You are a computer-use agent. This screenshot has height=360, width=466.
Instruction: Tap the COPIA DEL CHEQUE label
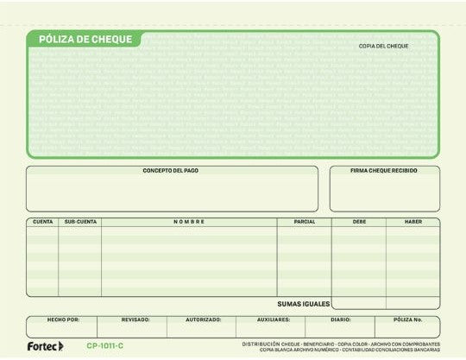point(384,46)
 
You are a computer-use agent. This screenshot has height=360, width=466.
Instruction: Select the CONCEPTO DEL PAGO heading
point(171,171)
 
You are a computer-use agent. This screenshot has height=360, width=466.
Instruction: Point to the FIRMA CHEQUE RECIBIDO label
point(384,171)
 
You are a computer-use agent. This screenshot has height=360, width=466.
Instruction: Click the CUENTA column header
point(42,222)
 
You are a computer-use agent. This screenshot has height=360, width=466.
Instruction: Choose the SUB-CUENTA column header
point(80,222)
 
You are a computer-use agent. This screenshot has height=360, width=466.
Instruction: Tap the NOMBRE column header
point(189,222)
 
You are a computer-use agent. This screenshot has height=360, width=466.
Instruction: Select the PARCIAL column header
point(304,222)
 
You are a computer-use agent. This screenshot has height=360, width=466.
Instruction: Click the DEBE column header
point(359,222)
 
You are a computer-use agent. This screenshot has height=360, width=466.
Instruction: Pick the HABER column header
point(412,222)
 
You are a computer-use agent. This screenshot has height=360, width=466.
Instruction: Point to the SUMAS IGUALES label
point(303,303)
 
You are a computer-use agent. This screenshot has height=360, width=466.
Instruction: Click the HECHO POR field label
point(63,319)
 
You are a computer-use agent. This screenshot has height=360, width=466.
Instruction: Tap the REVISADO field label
point(135,319)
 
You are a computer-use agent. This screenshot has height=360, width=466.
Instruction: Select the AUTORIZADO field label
point(205,319)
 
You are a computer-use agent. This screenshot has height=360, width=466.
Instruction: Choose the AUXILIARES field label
point(274,319)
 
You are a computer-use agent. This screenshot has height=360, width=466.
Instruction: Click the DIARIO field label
point(340,319)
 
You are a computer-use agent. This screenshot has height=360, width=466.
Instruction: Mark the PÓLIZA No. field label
point(407,319)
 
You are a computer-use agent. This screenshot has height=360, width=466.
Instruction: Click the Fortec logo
point(45,346)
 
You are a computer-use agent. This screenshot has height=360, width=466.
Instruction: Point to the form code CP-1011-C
point(105,346)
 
